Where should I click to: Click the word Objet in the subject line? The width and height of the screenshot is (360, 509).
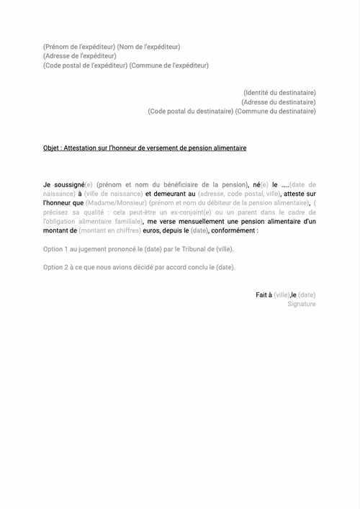51,148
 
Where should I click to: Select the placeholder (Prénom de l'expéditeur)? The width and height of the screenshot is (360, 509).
78,47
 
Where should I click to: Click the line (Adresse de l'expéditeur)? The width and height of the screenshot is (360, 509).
79,56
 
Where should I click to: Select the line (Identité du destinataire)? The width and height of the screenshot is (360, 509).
279,93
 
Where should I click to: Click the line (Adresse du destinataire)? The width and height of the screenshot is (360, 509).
279,102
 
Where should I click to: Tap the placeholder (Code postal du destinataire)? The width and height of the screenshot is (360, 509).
190,112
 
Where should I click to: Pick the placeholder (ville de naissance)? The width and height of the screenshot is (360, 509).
112,194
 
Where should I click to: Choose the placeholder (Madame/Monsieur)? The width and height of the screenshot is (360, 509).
116,204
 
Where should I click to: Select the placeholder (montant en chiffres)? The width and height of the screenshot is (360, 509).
110,232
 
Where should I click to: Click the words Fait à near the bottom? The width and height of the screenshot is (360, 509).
264,295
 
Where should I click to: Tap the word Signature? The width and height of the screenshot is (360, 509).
302,305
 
